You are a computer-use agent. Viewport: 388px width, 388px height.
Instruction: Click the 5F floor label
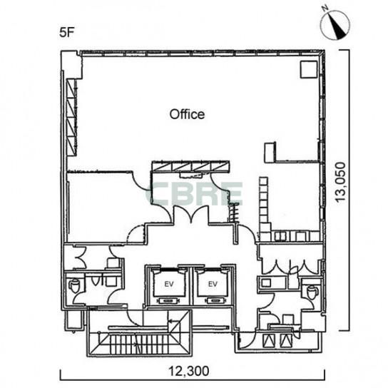[x=67, y=32]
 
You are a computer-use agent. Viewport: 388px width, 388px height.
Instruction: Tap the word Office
[x=187, y=115]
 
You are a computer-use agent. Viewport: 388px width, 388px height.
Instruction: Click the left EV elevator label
[x=169, y=284]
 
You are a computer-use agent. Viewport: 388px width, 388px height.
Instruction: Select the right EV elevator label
[x=213, y=284]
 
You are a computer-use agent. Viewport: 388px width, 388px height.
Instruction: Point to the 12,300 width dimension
[x=189, y=371]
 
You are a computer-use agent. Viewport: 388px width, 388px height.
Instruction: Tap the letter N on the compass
[x=325, y=8]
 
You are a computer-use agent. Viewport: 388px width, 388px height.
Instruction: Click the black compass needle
[x=337, y=27]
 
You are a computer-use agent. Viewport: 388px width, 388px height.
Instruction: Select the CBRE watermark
[x=194, y=194]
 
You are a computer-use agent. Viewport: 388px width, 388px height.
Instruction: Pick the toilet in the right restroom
[x=311, y=291]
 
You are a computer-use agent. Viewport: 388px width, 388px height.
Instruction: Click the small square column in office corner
[x=309, y=69]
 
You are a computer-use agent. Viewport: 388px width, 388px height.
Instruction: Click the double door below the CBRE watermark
[x=191, y=215]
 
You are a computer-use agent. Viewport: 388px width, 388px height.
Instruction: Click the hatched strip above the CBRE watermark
[x=190, y=166]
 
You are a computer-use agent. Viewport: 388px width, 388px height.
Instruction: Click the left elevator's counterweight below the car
[x=169, y=301]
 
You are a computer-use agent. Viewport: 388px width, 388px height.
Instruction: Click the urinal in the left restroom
[x=96, y=280]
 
